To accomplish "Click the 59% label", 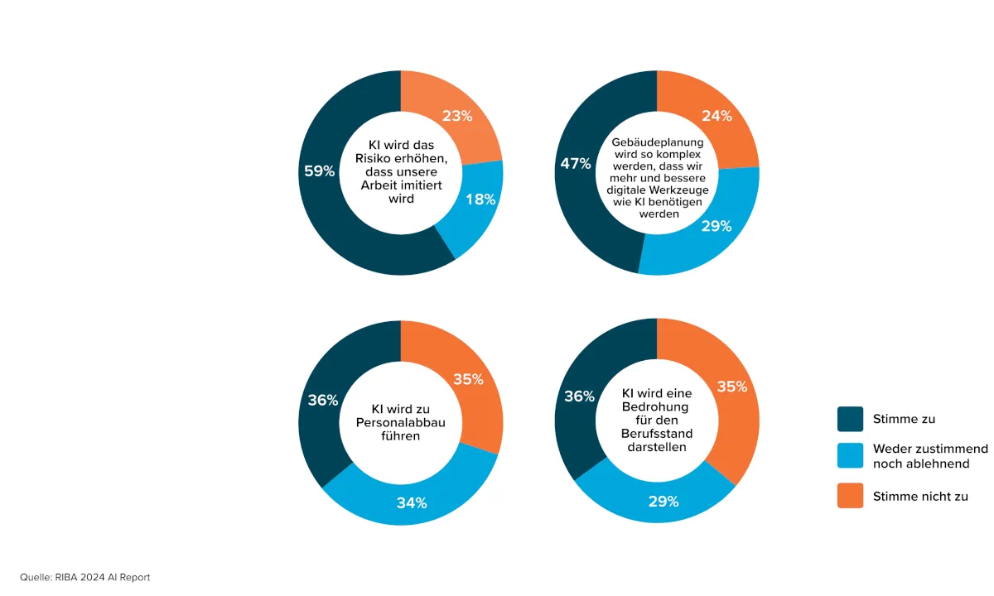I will [319, 171].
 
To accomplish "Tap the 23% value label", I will [457, 116].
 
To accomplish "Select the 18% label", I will [480, 199].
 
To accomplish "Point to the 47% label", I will [575, 164].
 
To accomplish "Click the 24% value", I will [717, 116].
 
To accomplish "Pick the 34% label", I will [411, 502].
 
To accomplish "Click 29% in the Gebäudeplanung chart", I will [716, 226].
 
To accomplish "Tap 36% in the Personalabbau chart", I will [322, 400].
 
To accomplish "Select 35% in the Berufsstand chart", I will [731, 387].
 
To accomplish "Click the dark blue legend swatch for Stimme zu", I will [850, 419].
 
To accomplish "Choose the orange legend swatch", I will [850, 496].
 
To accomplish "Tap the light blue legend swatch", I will [850, 456].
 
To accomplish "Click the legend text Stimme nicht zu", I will [920, 497].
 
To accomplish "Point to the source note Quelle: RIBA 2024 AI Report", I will [85, 577].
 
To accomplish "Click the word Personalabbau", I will [401, 422].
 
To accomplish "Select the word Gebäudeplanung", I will [657, 142].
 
